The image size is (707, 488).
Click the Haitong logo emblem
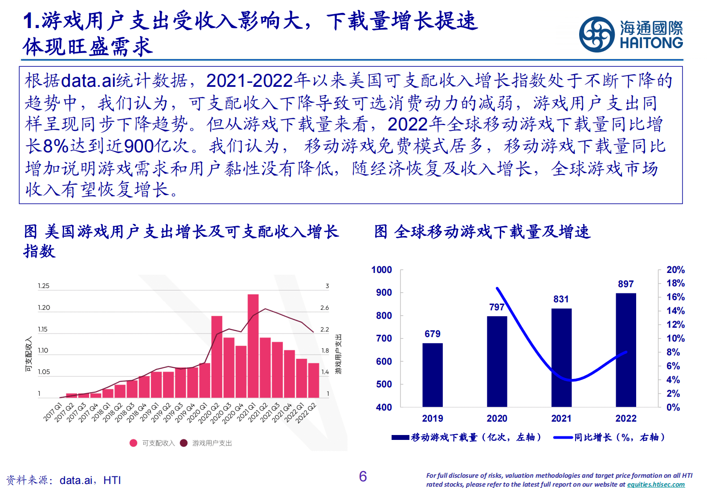[x=597, y=34]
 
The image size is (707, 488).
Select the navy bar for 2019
[x=432, y=374]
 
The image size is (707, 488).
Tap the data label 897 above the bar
[x=625, y=284]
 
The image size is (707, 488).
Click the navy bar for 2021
[x=561, y=358]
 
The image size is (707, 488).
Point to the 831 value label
[x=561, y=299]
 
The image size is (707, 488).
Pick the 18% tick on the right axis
[x=675, y=283]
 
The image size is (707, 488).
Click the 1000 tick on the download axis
[x=382, y=270]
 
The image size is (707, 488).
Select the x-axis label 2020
[x=497, y=419]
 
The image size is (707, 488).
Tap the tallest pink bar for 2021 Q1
[x=253, y=346]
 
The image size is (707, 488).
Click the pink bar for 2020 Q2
[x=217, y=357]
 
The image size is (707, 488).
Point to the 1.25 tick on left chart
[x=44, y=286]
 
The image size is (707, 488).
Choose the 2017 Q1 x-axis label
[x=53, y=412]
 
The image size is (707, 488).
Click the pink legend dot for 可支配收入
[x=133, y=443]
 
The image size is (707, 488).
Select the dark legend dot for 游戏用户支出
[x=184, y=443]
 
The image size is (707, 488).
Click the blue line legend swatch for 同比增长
[x=563, y=438]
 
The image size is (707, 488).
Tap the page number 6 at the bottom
[x=363, y=477]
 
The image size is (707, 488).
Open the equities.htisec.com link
[x=656, y=484]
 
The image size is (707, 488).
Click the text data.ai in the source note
[x=76, y=480]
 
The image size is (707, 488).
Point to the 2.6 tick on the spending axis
[x=324, y=308]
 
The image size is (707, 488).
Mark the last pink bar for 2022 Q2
[x=314, y=380]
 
